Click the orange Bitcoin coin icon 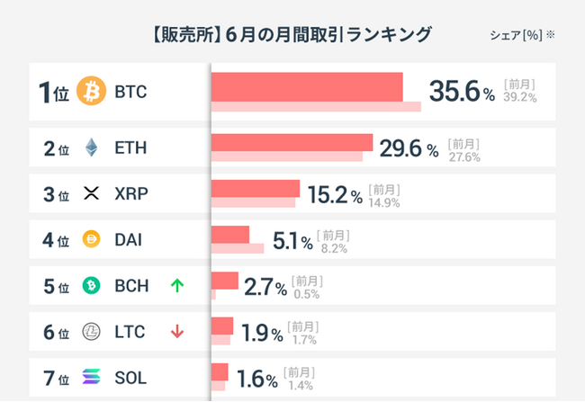tap(91, 91)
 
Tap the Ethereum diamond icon tap(91, 147)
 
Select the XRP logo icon tap(91, 193)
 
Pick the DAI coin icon tap(91, 239)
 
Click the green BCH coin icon tap(91, 286)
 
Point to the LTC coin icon tap(91, 332)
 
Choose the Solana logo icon tap(91, 378)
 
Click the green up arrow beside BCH tap(176, 286)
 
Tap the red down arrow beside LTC tap(176, 332)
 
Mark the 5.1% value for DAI tap(292, 240)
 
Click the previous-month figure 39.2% tap(520, 97)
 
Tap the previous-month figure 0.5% tap(306, 294)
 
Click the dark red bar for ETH tap(292, 142)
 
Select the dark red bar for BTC tap(307, 86)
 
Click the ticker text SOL tap(130, 378)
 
